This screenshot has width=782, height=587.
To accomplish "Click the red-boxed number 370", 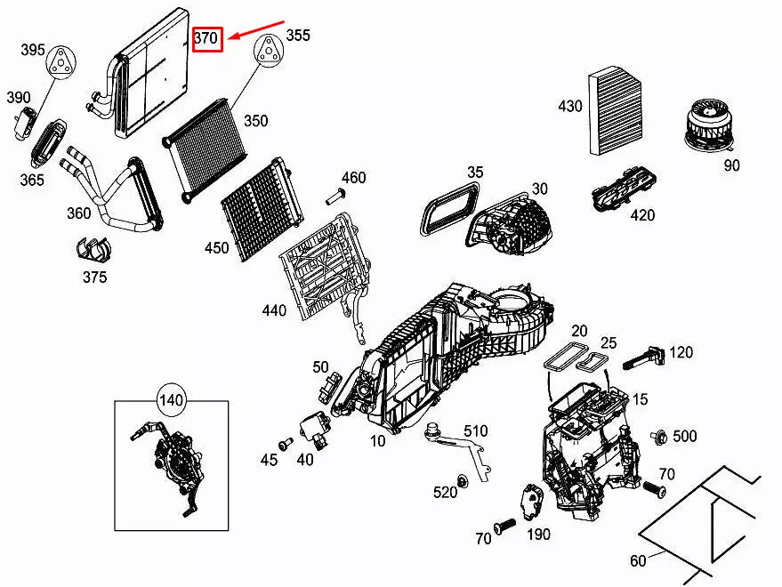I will (206, 38).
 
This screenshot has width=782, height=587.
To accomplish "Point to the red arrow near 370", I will (257, 29).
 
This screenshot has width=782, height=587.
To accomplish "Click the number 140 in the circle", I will (171, 401).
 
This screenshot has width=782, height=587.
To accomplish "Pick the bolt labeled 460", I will (339, 196).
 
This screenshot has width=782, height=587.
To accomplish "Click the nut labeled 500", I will (659, 436).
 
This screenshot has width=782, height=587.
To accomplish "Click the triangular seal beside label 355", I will (270, 52).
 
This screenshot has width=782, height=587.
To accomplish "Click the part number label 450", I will (216, 248).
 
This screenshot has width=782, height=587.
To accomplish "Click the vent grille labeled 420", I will (624, 187).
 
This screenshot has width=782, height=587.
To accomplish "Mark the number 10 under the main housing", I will (378, 441).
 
